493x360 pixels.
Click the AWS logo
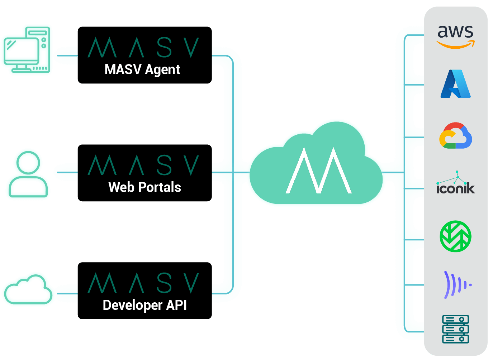point(455,36)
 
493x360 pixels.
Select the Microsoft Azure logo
point(455,84)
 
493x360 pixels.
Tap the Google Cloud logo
point(455,136)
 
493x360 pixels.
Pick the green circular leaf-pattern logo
point(455,236)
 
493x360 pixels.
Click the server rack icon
point(455,329)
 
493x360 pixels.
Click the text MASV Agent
point(142,69)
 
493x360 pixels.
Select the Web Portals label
point(144,187)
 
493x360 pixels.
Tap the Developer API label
point(144,305)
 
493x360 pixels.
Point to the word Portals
point(160,187)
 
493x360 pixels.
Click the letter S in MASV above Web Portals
point(164,165)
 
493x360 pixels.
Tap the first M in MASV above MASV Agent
point(103,48)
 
